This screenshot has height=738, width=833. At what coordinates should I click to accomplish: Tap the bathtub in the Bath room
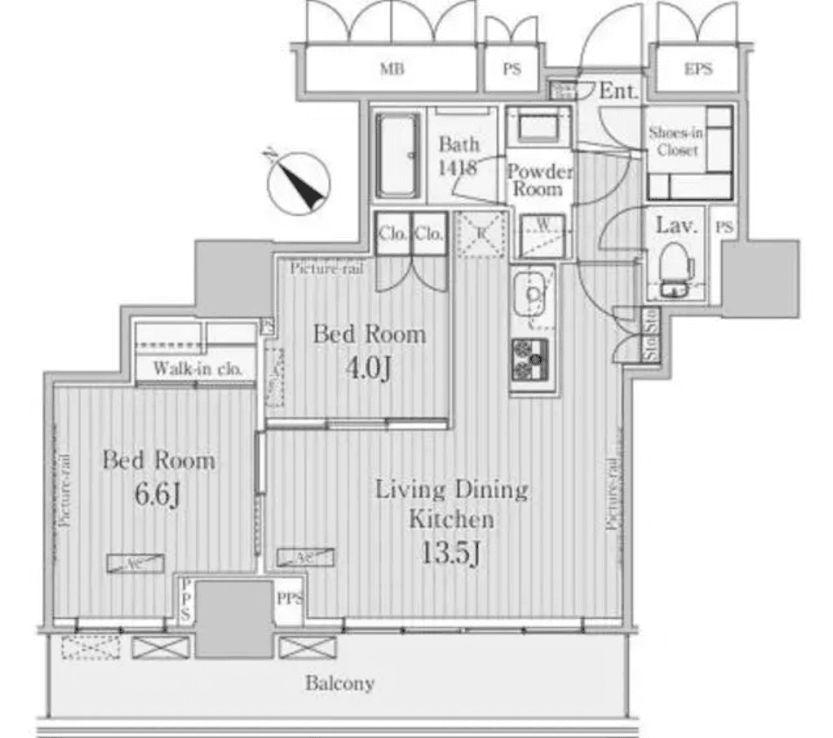[398, 156]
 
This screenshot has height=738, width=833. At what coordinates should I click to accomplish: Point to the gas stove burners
[532, 359]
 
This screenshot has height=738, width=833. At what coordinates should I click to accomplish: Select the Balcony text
[339, 683]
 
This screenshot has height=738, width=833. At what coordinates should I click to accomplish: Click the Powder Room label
[539, 179]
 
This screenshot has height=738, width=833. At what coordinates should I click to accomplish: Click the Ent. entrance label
[619, 90]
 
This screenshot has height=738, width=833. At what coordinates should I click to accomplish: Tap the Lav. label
[676, 226]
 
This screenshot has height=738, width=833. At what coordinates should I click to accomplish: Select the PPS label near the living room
[289, 600]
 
